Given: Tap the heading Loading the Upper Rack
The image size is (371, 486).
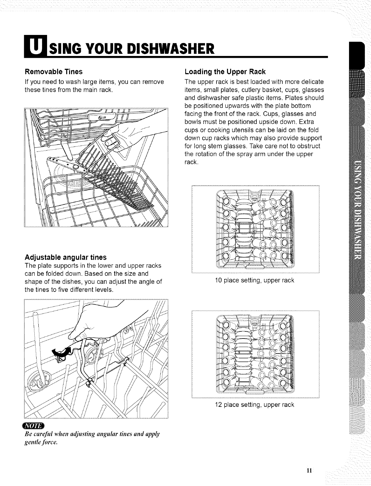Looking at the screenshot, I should [225, 72].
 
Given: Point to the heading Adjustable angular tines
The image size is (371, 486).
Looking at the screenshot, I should [65, 257].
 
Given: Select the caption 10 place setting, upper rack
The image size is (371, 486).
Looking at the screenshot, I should [254, 281].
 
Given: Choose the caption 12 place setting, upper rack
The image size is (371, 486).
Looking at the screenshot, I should [254, 404].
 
